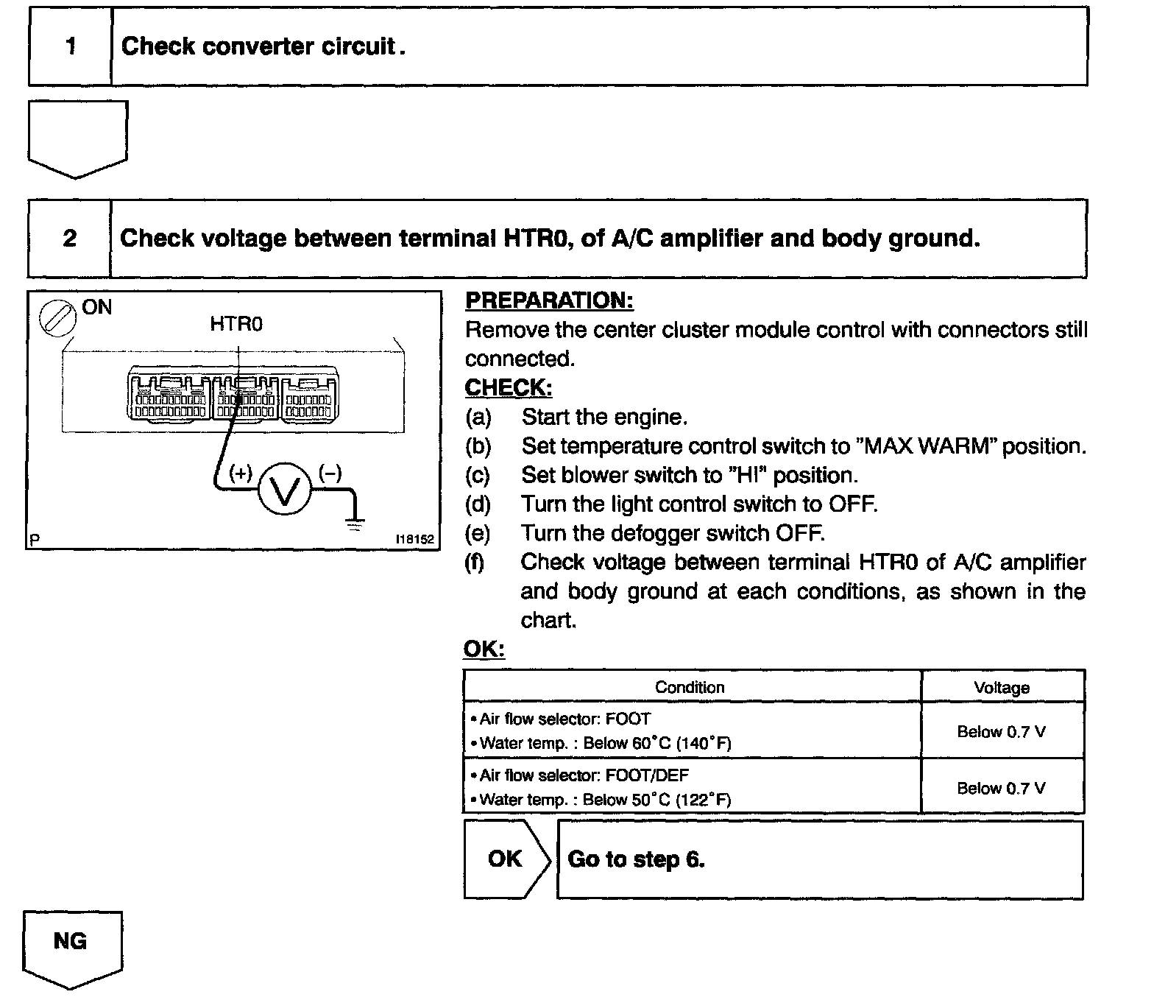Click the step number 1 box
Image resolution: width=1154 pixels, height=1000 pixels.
(70, 46)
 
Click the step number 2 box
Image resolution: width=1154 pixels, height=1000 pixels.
(69, 239)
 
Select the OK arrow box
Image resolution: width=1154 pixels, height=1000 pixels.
(506, 859)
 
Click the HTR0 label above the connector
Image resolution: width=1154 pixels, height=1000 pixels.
(236, 324)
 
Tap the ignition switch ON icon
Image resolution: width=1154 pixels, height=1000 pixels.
(57, 319)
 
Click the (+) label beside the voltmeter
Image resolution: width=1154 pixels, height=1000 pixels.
(240, 473)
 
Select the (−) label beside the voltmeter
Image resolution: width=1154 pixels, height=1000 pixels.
(330, 473)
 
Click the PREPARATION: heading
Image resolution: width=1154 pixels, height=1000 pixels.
(549, 300)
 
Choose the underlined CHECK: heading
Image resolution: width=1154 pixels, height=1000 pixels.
(508, 387)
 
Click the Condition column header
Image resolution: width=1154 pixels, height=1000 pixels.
(690, 687)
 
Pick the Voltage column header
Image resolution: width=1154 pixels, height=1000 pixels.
(1001, 688)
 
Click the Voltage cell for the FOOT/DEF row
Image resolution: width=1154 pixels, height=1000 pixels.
(1001, 788)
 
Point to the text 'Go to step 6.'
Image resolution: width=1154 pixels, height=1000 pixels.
(636, 859)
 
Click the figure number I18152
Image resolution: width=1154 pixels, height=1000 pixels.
(415, 539)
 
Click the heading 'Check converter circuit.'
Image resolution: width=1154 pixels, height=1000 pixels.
(263, 46)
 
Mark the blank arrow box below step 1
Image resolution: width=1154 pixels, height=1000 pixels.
(77, 138)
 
